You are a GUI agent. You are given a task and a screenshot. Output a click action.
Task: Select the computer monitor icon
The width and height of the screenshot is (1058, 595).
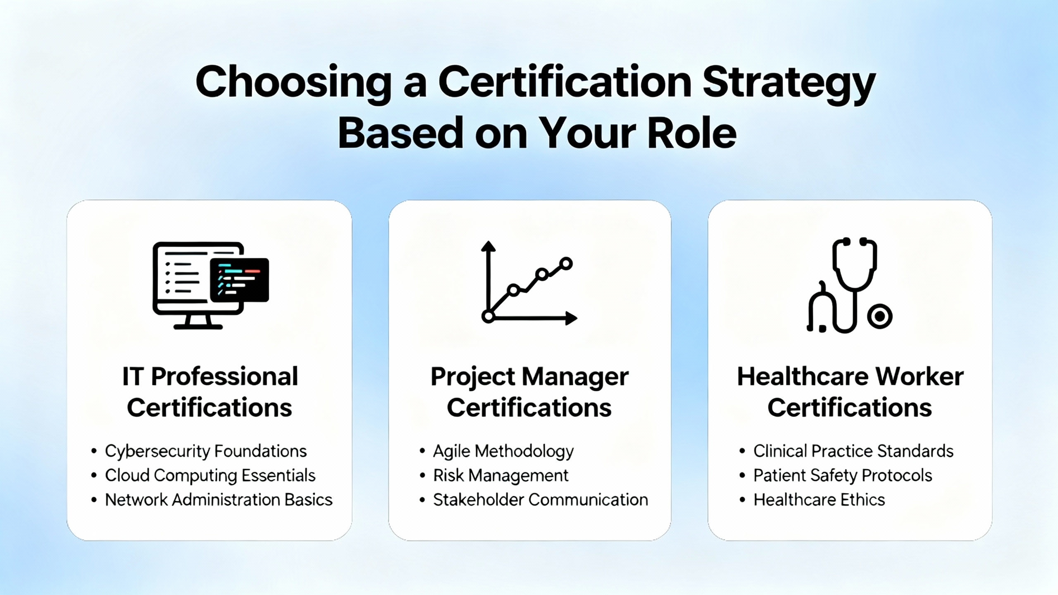click(x=211, y=286)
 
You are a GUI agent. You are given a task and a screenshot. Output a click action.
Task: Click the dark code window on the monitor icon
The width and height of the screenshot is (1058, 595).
click(x=240, y=280)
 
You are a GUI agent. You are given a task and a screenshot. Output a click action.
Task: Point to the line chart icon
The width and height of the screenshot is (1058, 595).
click(x=529, y=283)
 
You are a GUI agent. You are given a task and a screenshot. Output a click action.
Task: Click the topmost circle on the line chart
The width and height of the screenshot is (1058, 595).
click(x=566, y=263)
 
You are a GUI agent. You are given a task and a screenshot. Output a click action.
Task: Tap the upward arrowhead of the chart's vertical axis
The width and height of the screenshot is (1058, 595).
click(x=488, y=246)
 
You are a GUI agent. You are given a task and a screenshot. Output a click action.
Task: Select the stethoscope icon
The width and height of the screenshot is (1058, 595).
click(x=850, y=285)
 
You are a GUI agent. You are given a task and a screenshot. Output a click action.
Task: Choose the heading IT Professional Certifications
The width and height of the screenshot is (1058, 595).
click(x=210, y=392)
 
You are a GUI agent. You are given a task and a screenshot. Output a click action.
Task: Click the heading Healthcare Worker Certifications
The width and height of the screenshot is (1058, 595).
click(x=850, y=392)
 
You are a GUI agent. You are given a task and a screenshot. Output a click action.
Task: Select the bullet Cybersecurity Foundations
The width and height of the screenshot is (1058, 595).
click(x=206, y=451)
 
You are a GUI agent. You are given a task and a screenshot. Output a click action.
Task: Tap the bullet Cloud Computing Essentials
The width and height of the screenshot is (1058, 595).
click(x=210, y=476)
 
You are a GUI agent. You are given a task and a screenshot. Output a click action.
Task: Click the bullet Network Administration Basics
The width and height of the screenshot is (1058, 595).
click(x=219, y=500)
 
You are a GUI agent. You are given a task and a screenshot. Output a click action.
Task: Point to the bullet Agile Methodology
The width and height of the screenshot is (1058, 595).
click(x=503, y=451)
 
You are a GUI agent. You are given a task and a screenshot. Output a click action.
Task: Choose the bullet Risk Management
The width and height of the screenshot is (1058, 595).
click(x=501, y=476)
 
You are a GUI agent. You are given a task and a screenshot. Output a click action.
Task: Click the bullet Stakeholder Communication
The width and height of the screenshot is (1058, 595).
click(x=541, y=500)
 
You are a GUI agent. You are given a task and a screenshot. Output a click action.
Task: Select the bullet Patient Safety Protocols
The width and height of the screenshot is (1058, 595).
click(x=843, y=476)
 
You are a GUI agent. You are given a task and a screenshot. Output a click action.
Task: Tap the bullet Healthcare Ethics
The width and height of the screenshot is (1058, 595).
click(x=819, y=500)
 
